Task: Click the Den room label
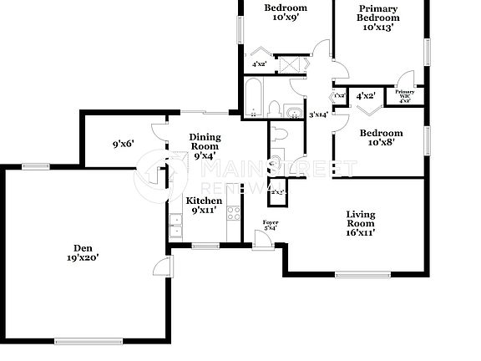(82, 247)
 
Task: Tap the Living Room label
(360, 215)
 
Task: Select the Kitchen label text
(204, 201)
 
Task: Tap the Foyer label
(271, 221)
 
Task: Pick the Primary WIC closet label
(405, 94)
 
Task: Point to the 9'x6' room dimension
(123, 143)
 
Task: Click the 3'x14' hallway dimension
(319, 114)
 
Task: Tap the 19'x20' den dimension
(82, 258)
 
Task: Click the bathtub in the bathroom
(252, 99)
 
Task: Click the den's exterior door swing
(161, 267)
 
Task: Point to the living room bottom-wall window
(362, 273)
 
